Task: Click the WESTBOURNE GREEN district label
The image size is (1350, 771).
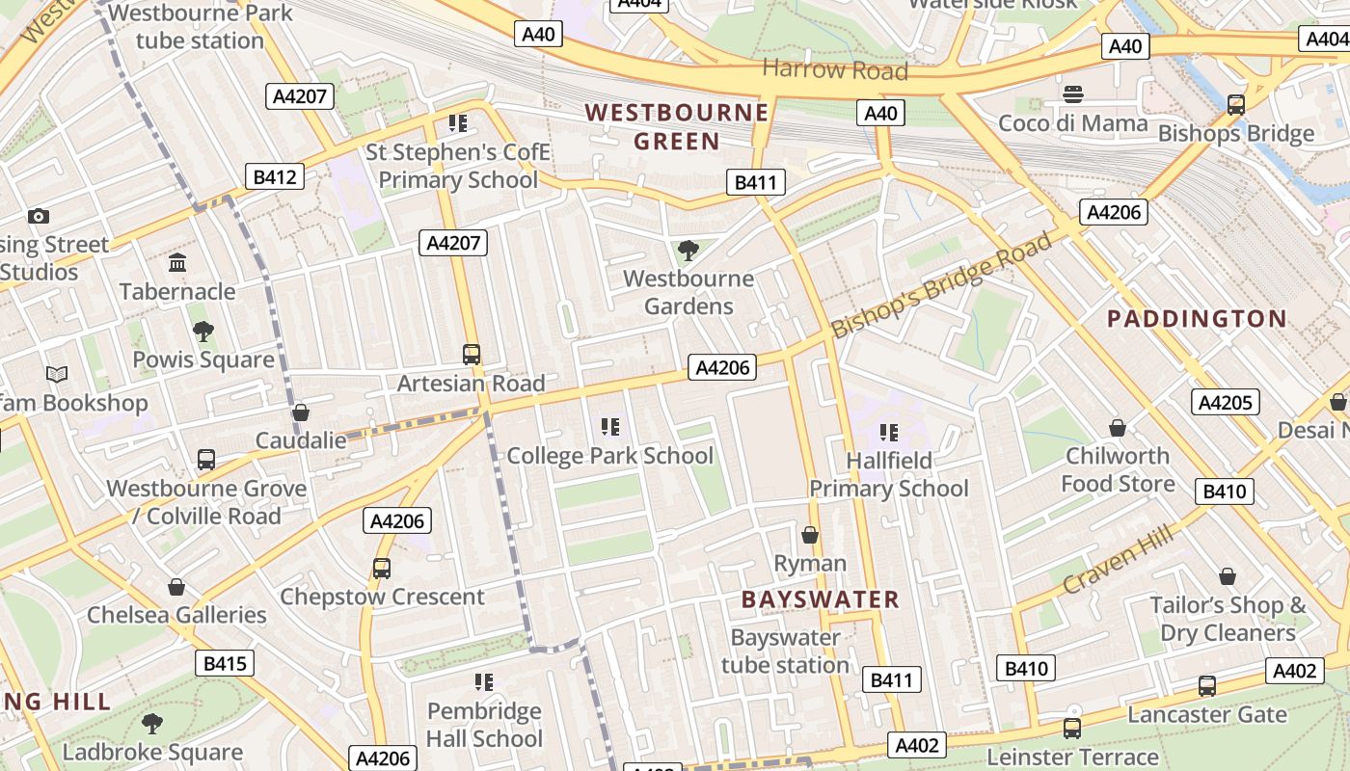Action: pyautogui.click(x=677, y=127)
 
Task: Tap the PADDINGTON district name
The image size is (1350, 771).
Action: pyautogui.click(x=1197, y=319)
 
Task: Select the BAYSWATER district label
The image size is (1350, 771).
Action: pyautogui.click(x=820, y=599)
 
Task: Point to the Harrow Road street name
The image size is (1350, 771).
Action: pyautogui.click(x=835, y=69)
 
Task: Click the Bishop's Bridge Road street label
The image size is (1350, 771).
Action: pyautogui.click(x=941, y=285)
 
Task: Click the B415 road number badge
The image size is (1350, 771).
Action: pyautogui.click(x=226, y=663)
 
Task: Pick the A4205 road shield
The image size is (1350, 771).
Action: pyautogui.click(x=1226, y=402)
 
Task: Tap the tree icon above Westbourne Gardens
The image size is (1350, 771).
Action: pyautogui.click(x=688, y=252)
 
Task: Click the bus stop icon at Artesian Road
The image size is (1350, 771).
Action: pyautogui.click(x=472, y=355)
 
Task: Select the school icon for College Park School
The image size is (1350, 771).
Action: pyautogui.click(x=609, y=427)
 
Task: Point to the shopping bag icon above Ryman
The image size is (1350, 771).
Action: pyautogui.click(x=810, y=535)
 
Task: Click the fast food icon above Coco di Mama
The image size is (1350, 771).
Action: pyautogui.click(x=1073, y=94)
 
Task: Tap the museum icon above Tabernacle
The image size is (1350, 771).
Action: pyautogui.click(x=177, y=263)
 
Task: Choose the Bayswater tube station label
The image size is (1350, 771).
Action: pyautogui.click(x=785, y=651)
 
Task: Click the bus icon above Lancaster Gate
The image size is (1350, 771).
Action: pyautogui.click(x=1206, y=686)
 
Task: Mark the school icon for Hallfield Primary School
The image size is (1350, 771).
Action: pyautogui.click(x=888, y=433)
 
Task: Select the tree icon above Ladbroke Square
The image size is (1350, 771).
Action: pyautogui.click(x=152, y=724)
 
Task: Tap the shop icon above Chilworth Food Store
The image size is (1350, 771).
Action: pyautogui.click(x=1118, y=427)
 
